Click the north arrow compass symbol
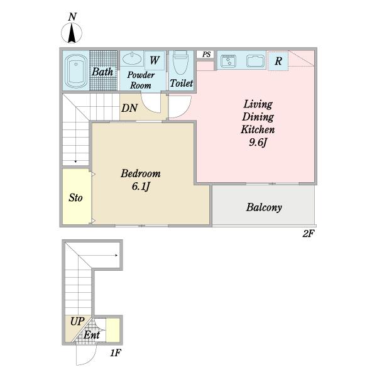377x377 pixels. click(72, 33)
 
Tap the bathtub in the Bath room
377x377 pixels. click(76, 71)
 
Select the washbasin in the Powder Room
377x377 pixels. click(132, 58)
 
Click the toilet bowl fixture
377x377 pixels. click(180, 62)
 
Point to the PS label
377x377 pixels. click(206, 54)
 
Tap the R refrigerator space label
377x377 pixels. click(278, 62)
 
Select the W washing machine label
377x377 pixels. click(155, 60)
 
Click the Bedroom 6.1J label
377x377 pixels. click(141, 180)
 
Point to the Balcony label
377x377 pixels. click(264, 207)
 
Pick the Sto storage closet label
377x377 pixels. click(75, 198)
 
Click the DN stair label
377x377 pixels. click(129, 108)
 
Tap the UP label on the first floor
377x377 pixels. click(77, 321)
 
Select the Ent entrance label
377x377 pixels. click(92, 335)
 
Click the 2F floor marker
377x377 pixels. click(309, 234)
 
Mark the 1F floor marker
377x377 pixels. click(116, 353)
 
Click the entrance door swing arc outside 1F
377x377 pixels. click(92, 358)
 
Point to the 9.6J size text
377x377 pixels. click(258, 143)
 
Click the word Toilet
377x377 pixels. click(182, 83)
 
